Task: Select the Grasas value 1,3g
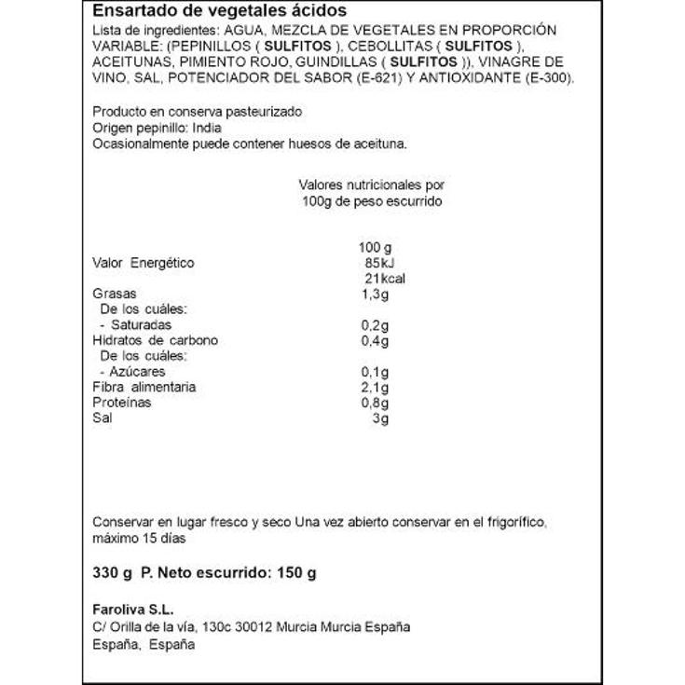(373, 295)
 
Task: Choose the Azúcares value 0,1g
(373, 372)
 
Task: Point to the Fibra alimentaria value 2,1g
(373, 387)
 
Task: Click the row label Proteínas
(122, 403)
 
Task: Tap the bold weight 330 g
(111, 573)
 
